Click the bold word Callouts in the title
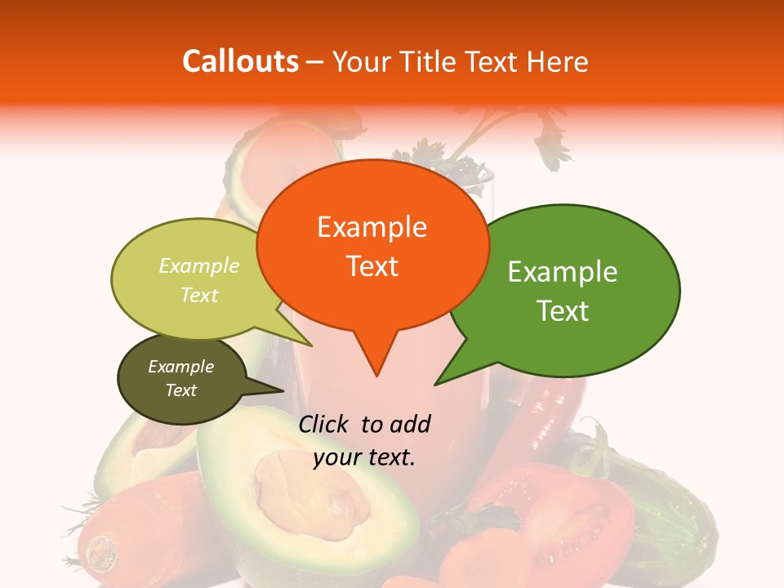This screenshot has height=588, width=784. pos(240,61)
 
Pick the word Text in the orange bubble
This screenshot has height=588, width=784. pos(372,266)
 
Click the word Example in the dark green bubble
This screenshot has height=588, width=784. pos(563,272)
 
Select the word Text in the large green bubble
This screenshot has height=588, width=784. pos(563,311)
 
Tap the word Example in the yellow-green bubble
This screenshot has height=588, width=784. pos(199,266)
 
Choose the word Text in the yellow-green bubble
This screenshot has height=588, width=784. pos(199,295)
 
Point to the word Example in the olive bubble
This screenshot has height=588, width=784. pos(181,367)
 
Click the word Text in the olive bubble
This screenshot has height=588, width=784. pos(181,390)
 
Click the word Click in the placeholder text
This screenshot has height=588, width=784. pos(326,425)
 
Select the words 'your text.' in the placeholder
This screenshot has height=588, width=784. pos(364,458)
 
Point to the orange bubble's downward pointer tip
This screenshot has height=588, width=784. pos(376,375)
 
